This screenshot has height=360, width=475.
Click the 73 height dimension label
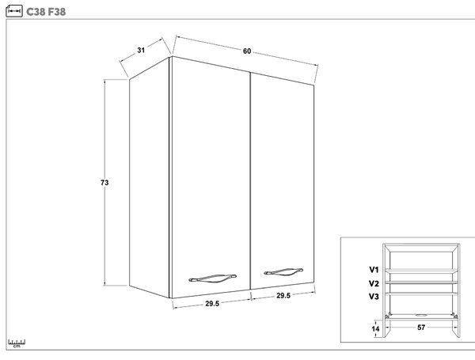point(104,183)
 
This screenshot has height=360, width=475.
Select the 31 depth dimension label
point(141,51)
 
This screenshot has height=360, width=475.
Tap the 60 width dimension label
point(247,51)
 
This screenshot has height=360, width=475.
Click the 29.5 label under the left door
point(212,303)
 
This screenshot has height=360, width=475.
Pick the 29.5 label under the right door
point(283,295)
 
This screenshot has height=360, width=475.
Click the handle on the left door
point(212,279)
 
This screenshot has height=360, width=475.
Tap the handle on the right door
point(283,272)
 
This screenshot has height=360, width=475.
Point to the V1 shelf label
point(374,270)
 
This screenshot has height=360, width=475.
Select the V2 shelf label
point(374,284)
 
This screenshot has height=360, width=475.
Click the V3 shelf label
point(374,297)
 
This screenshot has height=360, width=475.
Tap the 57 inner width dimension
point(421,328)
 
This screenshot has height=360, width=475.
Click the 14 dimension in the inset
point(375,329)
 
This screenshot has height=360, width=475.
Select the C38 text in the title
point(36,12)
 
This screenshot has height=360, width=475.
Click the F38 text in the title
point(57,12)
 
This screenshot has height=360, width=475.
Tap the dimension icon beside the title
point(14,11)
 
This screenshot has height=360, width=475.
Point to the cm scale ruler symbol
point(17,343)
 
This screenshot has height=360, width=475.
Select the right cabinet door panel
point(283,181)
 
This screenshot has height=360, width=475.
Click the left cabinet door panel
point(211,177)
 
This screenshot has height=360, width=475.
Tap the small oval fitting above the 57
point(421,315)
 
